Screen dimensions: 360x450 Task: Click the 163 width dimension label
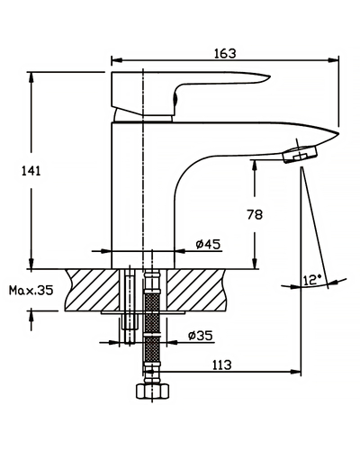[225, 53]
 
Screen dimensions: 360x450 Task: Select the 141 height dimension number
[31, 171]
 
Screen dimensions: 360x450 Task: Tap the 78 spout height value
[255, 215]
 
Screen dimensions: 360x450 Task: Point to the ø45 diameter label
[208, 244]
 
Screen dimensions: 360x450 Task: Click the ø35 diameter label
[201, 335]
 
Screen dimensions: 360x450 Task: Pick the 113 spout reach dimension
[222, 364]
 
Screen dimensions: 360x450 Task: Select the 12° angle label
[312, 280]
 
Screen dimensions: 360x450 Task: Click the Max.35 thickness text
[31, 290]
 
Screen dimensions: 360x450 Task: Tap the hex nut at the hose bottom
[153, 391]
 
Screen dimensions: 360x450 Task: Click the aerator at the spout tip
[301, 154]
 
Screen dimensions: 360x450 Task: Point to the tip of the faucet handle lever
[270, 76]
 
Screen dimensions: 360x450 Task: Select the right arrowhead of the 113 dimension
[296, 372]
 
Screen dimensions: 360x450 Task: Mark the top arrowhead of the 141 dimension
[31, 77]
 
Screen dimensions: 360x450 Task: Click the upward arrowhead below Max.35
[31, 317]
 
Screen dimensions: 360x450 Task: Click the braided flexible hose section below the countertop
[153, 322]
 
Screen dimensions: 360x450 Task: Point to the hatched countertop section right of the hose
[196, 290]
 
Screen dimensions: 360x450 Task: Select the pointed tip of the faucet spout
[338, 133]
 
